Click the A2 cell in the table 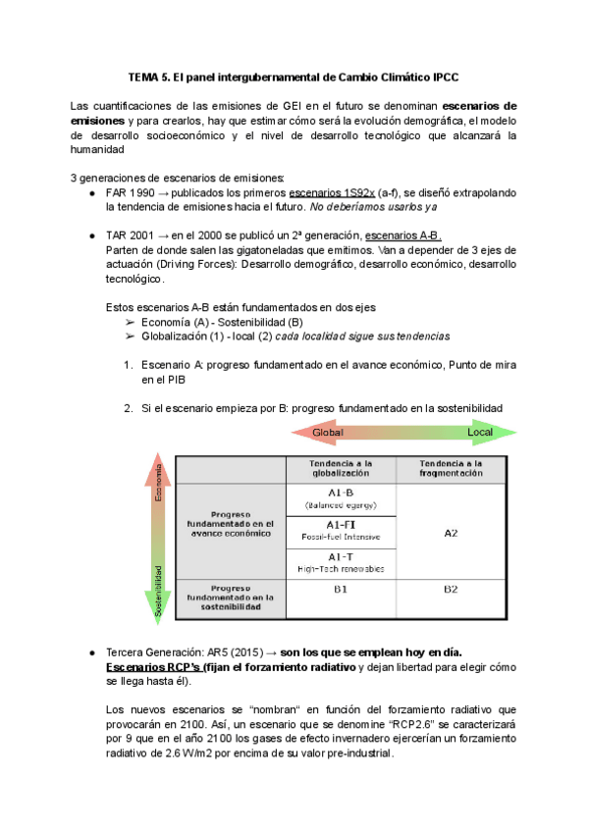[x=451, y=533]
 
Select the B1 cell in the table [x=341, y=590]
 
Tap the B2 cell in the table [x=451, y=590]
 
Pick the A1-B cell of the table [x=341, y=498]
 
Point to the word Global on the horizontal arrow [x=328, y=433]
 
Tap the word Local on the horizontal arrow [x=480, y=433]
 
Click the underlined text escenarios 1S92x [x=333, y=193]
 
